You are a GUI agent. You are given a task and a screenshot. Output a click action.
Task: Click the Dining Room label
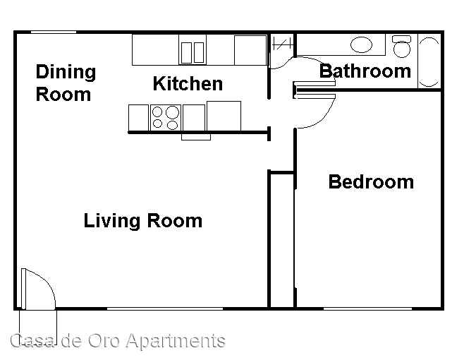pos(66,83)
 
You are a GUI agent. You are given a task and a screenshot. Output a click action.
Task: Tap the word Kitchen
pos(188,83)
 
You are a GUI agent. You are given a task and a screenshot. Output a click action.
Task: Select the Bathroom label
pos(365,71)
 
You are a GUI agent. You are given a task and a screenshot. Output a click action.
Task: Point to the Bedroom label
pos(371,182)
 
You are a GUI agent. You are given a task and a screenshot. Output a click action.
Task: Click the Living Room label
pos(143,220)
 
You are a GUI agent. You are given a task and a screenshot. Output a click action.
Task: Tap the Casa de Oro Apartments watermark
pos(118,340)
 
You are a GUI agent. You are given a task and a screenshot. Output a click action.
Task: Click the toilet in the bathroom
pos(402,47)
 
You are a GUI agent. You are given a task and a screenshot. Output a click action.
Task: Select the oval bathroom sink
pos(361,45)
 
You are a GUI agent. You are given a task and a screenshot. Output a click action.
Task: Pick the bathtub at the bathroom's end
pos(429,62)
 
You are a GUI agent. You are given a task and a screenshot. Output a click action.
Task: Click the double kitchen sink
pos(193,52)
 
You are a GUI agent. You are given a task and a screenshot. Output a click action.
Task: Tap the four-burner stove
pos(166,118)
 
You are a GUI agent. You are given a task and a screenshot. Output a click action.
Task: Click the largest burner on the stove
pos(173,112)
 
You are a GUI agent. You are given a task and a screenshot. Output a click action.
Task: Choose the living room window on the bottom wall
pos(165,308)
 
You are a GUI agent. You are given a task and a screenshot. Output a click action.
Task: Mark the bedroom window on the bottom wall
pos(367,308)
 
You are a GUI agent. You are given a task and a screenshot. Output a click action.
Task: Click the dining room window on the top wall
pos(54,32)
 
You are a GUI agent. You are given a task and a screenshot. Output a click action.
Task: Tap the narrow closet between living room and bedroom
pos(281,240)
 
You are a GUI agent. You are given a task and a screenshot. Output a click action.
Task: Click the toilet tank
pos(401,39)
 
